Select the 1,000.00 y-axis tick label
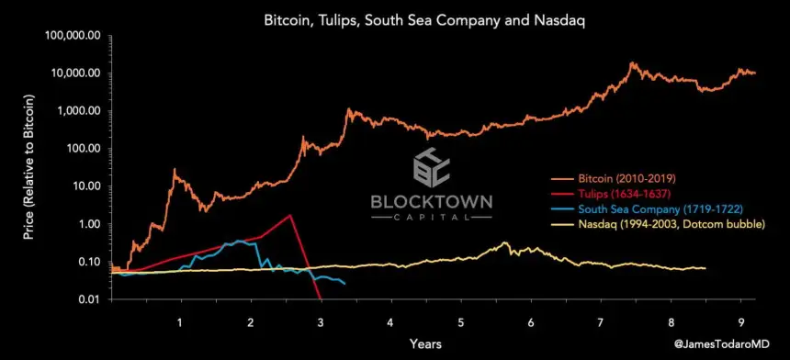(81, 111)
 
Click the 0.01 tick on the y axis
(90, 299)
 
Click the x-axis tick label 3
(321, 321)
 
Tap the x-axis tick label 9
(741, 321)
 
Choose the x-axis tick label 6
(531, 321)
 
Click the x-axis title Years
(427, 343)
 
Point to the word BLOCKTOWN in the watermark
(431, 201)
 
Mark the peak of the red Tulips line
(290, 215)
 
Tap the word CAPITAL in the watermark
(431, 219)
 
